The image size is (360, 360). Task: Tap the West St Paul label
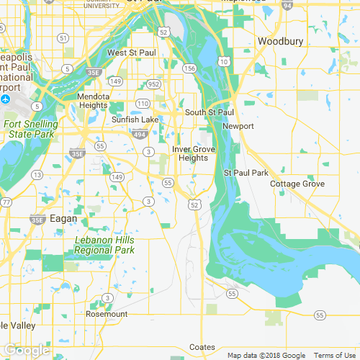(132, 53)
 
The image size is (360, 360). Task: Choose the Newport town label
(238, 126)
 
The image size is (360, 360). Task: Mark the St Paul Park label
(246, 173)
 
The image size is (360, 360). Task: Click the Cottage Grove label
(297, 184)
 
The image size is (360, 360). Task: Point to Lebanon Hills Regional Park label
(104, 246)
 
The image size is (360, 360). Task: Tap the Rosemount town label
(107, 315)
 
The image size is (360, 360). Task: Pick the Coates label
(202, 347)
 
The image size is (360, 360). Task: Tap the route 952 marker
(153, 84)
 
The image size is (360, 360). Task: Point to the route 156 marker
(190, 68)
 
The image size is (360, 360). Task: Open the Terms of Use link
(335, 355)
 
